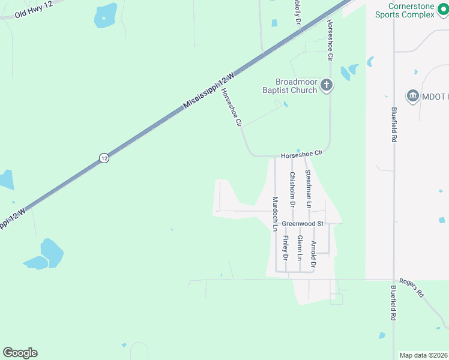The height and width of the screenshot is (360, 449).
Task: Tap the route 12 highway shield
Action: [104, 158]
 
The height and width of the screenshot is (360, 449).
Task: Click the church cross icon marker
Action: [326, 85]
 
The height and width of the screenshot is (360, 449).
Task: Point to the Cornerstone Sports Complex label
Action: [403, 10]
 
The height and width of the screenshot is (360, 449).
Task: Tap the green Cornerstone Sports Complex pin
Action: [442, 10]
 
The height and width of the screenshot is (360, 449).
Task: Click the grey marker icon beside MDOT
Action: [412, 95]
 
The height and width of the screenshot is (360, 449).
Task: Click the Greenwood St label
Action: [303, 224]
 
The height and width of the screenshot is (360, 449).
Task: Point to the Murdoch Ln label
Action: [276, 214]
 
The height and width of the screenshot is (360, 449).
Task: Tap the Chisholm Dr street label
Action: [292, 190]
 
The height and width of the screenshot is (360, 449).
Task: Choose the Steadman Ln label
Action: [309, 188]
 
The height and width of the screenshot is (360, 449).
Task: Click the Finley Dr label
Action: [286, 248]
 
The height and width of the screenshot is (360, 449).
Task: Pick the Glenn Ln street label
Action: [299, 248]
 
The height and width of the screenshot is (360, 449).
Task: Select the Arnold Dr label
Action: [313, 254]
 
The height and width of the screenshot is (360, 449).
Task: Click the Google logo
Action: [20, 353]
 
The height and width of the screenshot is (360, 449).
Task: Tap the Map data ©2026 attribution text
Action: [423, 355]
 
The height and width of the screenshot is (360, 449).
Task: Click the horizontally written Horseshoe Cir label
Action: [302, 154]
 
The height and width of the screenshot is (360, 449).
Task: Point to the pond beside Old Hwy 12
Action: [106, 15]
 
